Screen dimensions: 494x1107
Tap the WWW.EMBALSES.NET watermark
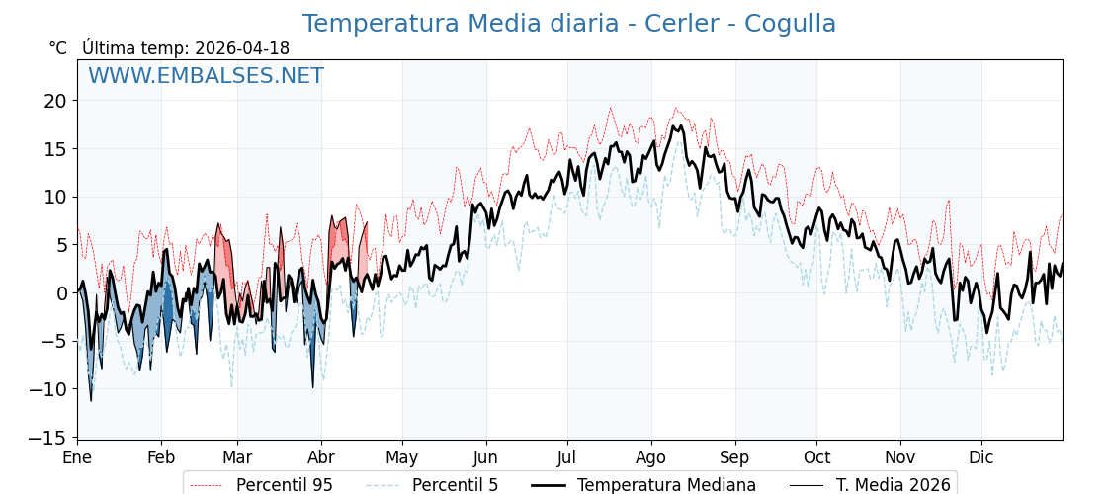point(206,76)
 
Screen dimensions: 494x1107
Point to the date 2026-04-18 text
point(242,48)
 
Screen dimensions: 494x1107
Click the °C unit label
point(57,48)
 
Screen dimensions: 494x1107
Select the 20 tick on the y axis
point(54,101)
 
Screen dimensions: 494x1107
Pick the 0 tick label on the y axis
point(60,293)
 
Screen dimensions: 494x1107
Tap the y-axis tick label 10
point(54,197)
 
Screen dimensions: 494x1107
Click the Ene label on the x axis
point(77,457)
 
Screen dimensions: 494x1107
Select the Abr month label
point(321,457)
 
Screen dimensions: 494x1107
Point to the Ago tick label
point(651,457)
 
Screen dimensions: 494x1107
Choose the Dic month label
point(981,457)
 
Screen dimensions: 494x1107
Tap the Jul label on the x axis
point(567,457)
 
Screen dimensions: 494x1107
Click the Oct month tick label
point(816,457)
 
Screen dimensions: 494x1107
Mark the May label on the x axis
point(402,457)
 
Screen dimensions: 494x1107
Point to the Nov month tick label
point(900,457)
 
